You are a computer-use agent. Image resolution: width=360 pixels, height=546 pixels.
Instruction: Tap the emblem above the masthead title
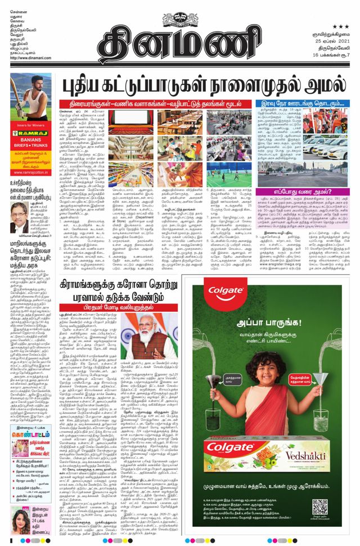[179, 10]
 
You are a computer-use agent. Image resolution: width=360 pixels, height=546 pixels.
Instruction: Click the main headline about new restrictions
[204, 86]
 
